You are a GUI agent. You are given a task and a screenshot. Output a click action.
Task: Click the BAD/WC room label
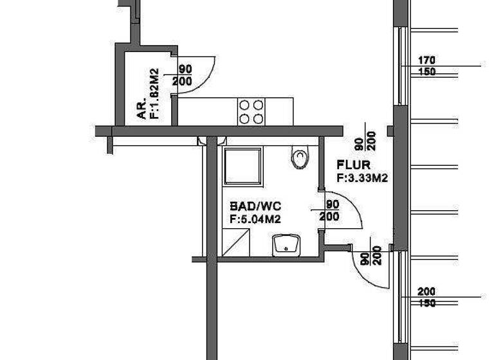coord(255,207)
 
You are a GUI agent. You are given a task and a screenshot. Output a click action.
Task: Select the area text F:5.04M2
coord(255,219)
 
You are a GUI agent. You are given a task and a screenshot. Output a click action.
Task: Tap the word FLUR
coord(354,166)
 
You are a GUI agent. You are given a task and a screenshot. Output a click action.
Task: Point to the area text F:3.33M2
coord(362,179)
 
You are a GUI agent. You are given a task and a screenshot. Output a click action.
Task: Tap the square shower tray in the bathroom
coord(242,166)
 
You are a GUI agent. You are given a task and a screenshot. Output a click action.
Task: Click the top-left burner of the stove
coord(244,105)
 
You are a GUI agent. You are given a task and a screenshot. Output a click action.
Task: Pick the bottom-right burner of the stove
coord(258,118)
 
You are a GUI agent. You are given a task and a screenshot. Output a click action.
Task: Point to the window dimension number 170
coord(426,60)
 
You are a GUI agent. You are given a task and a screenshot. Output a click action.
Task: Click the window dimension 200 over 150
coord(426,297)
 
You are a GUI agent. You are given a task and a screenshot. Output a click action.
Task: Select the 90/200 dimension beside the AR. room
coord(185,75)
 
